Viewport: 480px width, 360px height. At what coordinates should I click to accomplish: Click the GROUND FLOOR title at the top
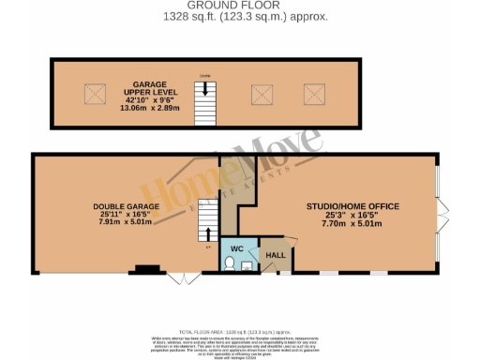click(240, 6)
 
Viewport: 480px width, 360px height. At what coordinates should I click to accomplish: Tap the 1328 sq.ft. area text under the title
click(240, 16)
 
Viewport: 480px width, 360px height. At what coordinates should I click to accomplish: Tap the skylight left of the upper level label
click(94, 93)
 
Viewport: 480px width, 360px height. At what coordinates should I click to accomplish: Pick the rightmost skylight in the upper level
click(312, 93)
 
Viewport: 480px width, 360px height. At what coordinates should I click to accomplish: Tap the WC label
click(236, 249)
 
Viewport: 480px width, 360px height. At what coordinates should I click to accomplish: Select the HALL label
click(277, 254)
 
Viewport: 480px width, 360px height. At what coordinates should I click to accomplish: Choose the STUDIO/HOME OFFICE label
click(353, 206)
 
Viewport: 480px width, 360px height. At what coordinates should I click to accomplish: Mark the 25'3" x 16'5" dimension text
click(353, 216)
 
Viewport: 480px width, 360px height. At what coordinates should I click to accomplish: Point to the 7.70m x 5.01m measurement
click(353, 225)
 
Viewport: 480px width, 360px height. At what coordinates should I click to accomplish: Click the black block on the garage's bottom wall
click(144, 271)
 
